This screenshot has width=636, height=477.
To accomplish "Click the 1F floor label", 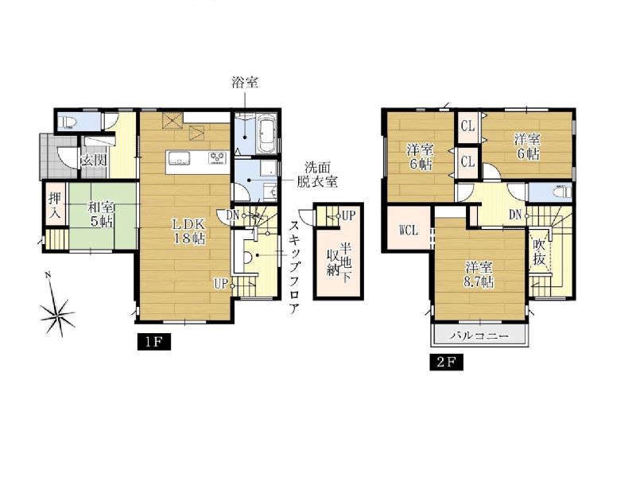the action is point(153,342).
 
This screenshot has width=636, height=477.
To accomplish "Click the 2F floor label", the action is point(446,363).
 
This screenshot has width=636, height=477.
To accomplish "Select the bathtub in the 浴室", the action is point(267,133).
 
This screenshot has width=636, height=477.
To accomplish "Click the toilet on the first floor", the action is point(67,122).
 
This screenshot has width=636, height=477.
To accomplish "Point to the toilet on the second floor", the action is point(562,191).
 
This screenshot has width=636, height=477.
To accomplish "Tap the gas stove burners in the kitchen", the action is point(219,157).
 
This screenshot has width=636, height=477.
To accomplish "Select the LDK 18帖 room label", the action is point(189,231).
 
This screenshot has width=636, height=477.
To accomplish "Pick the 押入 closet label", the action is point(55,206).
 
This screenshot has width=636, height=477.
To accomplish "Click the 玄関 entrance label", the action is point(94,161).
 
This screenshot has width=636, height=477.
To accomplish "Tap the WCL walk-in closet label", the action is point(408,231).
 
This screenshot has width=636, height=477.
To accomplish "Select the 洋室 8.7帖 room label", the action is point(479,275).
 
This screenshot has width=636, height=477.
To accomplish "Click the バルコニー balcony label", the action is point(479,335).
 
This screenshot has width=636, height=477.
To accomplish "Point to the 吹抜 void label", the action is point(539,251).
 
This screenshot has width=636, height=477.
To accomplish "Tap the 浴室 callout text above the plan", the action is point(245,83).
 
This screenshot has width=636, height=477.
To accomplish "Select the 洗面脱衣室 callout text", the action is point(317,174).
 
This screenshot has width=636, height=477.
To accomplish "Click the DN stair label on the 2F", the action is point(515,215).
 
